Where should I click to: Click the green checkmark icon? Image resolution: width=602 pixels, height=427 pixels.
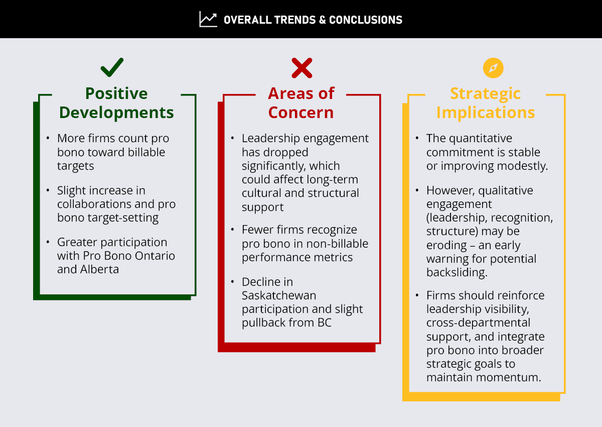(x=112, y=67)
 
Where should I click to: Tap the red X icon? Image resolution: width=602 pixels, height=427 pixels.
(x=302, y=68)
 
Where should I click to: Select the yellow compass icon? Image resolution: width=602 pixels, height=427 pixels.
(x=493, y=68)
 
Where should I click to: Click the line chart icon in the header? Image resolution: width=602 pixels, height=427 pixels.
(x=208, y=19)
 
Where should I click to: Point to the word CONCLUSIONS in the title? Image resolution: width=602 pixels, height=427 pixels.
(x=366, y=20)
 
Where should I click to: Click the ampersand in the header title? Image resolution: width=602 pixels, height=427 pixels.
(x=323, y=20)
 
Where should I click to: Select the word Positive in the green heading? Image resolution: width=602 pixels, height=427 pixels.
(x=116, y=93)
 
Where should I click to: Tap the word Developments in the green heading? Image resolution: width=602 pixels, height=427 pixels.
(x=116, y=112)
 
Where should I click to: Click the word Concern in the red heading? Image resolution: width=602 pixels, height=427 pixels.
(x=300, y=112)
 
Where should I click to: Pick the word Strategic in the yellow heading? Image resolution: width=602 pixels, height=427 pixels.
(x=486, y=94)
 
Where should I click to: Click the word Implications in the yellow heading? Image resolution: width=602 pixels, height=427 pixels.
(x=486, y=113)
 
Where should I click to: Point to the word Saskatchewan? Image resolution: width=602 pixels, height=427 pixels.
(x=279, y=295)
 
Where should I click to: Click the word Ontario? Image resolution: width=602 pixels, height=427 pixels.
(x=155, y=256)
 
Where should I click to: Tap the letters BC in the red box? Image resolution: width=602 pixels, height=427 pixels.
(x=325, y=323)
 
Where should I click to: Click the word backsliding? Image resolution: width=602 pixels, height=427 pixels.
(x=457, y=272)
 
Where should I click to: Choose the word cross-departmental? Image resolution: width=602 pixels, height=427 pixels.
(x=479, y=323)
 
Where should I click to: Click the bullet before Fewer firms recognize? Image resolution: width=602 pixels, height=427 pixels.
(x=233, y=230)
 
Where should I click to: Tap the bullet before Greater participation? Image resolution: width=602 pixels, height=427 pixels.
(x=48, y=242)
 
